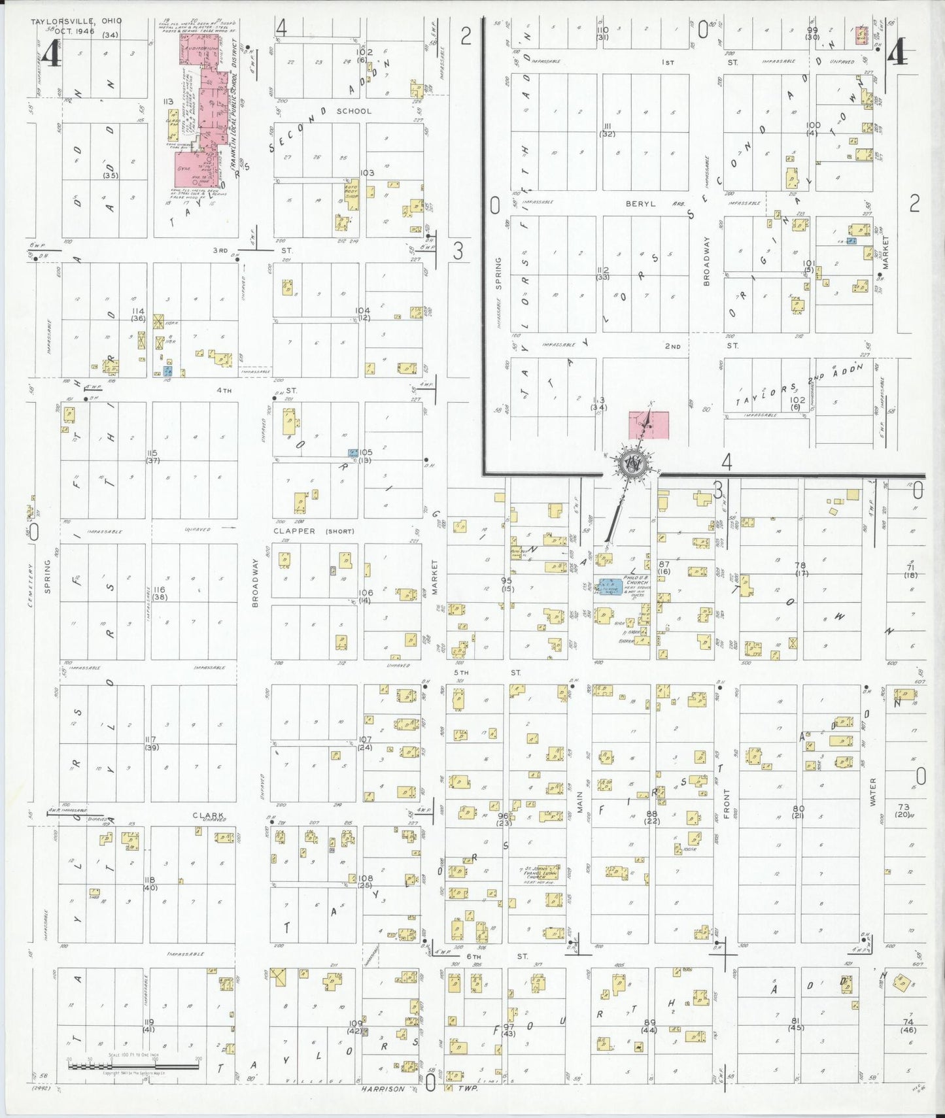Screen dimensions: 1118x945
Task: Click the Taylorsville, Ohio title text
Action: click(76, 21)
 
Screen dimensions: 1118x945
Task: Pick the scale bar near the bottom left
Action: click(133, 1066)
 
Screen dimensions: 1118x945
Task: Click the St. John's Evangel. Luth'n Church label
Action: click(541, 873)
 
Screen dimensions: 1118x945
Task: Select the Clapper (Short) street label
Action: click(313, 532)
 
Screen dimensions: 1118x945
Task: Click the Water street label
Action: click(872, 791)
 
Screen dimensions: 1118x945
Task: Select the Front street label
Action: click(727, 804)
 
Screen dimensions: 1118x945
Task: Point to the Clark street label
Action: click(208, 815)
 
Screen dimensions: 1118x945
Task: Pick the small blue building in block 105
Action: click(352, 452)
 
